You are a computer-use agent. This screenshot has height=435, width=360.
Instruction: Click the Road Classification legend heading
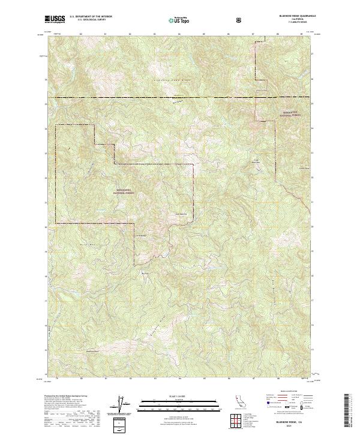285,391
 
